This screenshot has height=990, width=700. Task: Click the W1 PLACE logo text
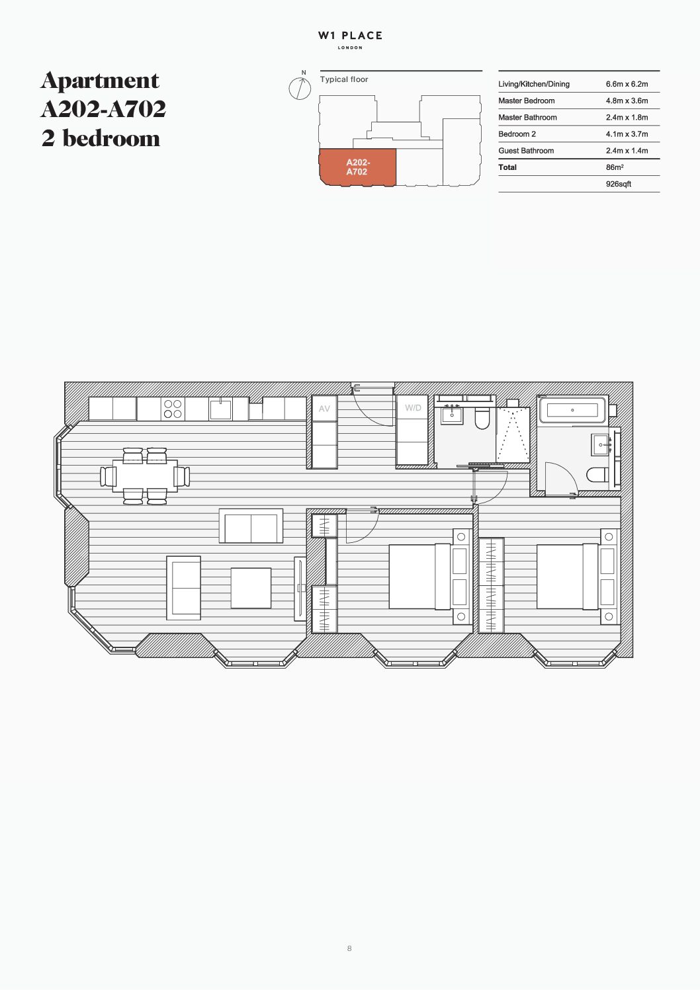click(350, 36)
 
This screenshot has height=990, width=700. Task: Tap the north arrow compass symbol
click(300, 87)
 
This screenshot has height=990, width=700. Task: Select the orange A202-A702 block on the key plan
click(357, 167)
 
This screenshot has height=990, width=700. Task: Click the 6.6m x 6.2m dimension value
click(627, 84)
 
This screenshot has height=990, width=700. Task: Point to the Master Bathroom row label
click(527, 118)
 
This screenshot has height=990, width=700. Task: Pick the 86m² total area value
click(615, 167)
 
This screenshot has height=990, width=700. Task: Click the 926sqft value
click(618, 185)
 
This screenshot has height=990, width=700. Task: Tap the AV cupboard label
click(325, 409)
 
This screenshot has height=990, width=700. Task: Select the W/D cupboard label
click(413, 408)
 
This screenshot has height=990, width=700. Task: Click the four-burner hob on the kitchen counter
click(173, 409)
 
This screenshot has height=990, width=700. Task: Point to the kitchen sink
click(221, 410)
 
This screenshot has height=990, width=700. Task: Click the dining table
click(145, 476)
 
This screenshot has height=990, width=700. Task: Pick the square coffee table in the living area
click(251, 589)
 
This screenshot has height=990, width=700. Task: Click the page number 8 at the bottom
click(349, 948)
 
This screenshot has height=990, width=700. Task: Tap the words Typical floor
click(344, 79)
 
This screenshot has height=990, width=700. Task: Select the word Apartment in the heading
click(100, 81)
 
